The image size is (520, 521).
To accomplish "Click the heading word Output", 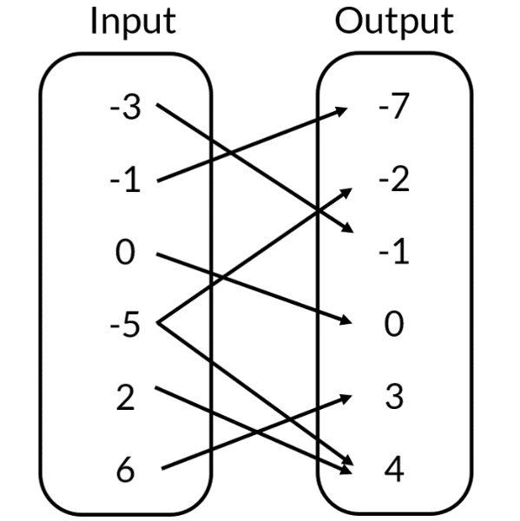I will pos(395,23).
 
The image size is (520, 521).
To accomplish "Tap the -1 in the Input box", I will pos(126,182).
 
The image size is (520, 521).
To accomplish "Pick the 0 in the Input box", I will pos(126,254).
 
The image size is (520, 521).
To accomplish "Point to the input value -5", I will pos(126,326).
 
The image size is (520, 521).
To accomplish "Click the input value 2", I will pos(126,398).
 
